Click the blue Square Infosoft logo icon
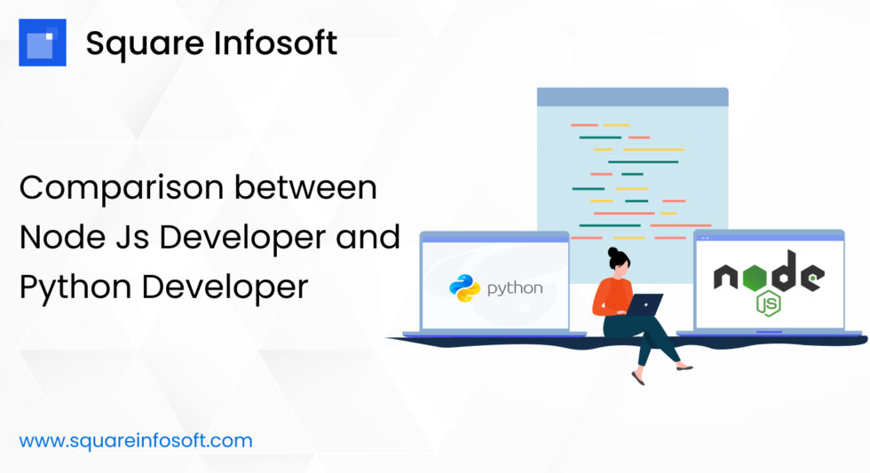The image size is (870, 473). (42, 43)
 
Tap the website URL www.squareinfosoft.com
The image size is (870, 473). (136, 440)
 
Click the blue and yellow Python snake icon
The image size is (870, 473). (464, 288)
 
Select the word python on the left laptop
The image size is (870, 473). (515, 288)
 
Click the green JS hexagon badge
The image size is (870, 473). (767, 304)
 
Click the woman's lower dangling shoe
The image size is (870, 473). (638, 378)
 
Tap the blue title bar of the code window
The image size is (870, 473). (632, 97)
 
